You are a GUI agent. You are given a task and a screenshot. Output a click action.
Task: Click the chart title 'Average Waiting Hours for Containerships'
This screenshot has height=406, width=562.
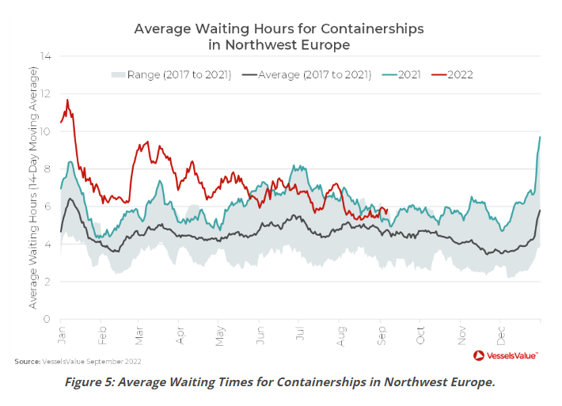279,28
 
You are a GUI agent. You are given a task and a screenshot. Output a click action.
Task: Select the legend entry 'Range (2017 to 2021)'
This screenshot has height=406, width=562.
170,74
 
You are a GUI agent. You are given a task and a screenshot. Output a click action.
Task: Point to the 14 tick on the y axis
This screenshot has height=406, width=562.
46,56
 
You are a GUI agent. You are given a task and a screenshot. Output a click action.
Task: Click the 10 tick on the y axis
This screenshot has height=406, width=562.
46,131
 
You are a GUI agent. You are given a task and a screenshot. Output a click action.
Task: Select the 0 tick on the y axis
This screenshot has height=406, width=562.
48,319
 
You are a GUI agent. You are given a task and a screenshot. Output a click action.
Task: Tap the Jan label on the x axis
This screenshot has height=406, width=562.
61,332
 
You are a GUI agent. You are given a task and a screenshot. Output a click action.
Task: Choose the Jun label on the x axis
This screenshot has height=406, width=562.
260,332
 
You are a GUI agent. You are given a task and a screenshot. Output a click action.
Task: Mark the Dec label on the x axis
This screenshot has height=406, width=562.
500,332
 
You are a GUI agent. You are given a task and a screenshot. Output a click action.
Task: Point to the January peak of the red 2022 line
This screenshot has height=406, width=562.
67,101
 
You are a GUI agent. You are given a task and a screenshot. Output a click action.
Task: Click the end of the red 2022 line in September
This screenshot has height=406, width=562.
386,210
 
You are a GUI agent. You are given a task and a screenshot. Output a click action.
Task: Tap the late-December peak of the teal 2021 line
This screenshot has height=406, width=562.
540,137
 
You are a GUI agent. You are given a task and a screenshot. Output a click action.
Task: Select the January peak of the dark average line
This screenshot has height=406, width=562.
70,199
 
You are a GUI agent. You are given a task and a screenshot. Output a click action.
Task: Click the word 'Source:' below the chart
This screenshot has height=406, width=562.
27,362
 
